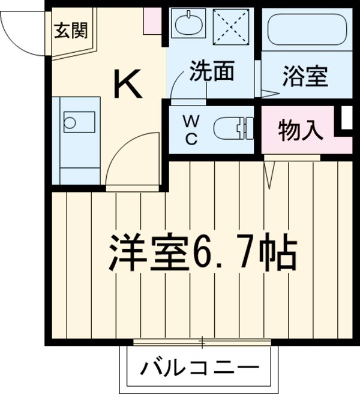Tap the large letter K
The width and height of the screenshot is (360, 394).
coord(128,85)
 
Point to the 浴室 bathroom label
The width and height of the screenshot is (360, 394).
coord(304,77)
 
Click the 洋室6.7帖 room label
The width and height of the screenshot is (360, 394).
coord(202,254)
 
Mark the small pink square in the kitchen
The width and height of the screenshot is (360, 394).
coord(152,22)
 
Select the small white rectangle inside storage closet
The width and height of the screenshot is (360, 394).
coord(346,118)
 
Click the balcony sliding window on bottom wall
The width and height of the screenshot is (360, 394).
coord(202,343)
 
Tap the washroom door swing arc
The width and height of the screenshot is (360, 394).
coord(183,88)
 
